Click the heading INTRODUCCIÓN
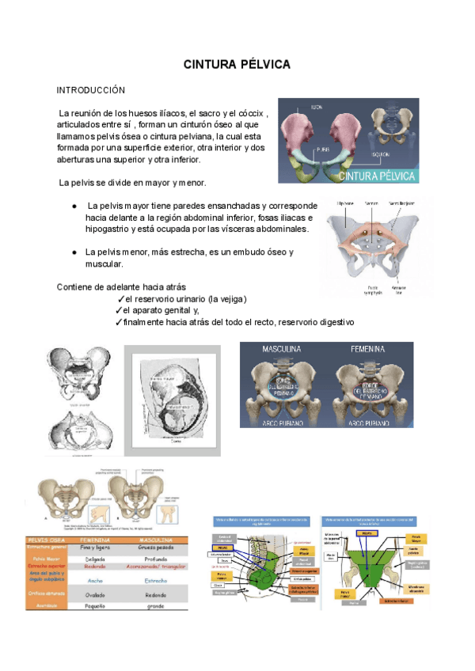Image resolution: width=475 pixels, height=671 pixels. [x=91, y=91]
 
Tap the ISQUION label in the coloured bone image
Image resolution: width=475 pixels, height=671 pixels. [x=382, y=154]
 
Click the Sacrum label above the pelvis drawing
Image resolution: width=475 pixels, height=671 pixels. [x=371, y=203]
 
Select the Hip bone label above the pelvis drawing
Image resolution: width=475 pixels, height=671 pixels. [x=345, y=203]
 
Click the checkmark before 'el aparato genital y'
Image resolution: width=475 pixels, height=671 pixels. [x=119, y=311]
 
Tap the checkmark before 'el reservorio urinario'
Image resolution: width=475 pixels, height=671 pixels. [x=119, y=300]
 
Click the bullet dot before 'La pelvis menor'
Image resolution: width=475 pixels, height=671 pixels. [x=74, y=252]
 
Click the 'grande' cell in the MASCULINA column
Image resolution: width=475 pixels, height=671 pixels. [x=155, y=605]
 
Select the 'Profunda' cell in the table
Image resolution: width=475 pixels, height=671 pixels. [x=155, y=558]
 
